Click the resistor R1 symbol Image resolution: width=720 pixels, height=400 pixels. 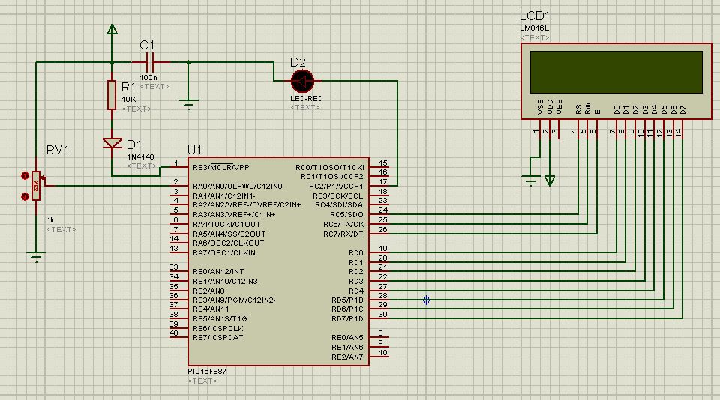coord(112,94)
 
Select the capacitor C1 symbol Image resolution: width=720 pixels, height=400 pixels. coord(147,62)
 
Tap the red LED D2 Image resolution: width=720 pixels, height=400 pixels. coord(303,79)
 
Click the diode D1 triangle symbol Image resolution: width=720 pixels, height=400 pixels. coord(112,142)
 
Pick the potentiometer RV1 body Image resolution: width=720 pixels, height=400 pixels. coord(35,187)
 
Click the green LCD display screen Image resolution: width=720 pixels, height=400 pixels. coord(615,71)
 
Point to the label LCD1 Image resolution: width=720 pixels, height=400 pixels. coord(534,16)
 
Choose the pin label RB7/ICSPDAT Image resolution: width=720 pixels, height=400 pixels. coord(217,338)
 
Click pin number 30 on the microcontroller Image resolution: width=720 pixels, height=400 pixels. coord(382,315)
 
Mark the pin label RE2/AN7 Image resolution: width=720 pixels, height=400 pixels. coord(347,357)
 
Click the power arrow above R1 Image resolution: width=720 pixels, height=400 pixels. coord(112,30)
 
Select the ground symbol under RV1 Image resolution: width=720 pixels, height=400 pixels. coord(35,257)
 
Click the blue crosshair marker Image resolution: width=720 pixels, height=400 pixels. coord(426,300)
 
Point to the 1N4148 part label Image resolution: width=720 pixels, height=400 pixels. coord(142,157)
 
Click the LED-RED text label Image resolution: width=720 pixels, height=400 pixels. coord(306,98)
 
